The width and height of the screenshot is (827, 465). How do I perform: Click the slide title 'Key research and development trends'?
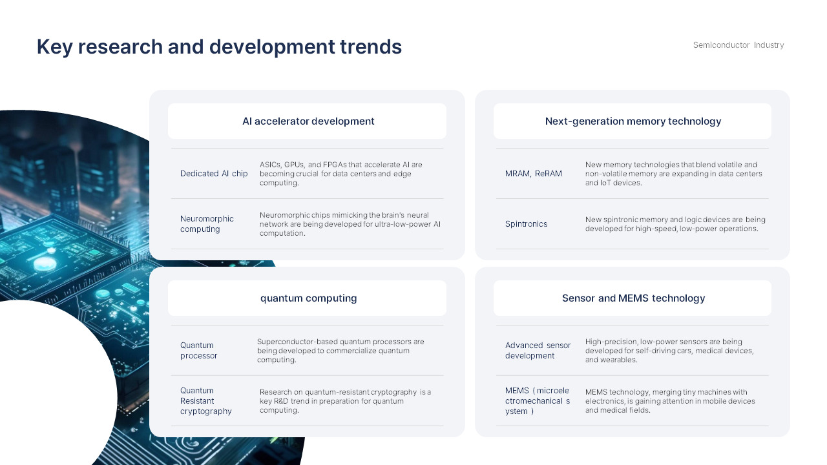point(219,47)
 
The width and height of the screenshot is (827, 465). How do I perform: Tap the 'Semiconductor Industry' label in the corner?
point(738,45)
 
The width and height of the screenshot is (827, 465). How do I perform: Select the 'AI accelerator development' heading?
point(308,121)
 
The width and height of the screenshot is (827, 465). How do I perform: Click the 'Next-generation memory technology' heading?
point(633,121)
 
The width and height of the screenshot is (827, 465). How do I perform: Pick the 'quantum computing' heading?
point(308,298)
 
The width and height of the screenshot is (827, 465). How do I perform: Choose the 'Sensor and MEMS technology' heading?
point(633,298)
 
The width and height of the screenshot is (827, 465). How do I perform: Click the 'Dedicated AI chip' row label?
point(214,174)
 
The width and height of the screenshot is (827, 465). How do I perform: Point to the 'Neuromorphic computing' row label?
point(207,224)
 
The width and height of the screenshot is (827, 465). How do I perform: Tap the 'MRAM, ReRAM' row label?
point(533,174)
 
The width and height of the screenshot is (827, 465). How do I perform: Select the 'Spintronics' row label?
point(526,224)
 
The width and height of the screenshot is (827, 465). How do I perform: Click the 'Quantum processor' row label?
point(198,351)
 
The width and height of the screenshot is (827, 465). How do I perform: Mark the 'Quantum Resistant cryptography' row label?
point(205,401)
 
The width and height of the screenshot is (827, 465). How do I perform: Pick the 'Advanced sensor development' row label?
point(538,351)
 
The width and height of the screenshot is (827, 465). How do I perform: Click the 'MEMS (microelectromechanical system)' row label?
point(538,401)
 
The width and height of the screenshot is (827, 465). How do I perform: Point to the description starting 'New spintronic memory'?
point(675,224)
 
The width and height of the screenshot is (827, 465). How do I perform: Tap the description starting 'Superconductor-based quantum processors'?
point(340,351)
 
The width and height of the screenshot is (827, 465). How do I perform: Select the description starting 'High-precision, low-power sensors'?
point(669,351)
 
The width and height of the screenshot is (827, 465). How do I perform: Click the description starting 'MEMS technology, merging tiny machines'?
point(670,401)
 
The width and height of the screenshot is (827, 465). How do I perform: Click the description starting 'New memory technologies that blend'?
point(673,174)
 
